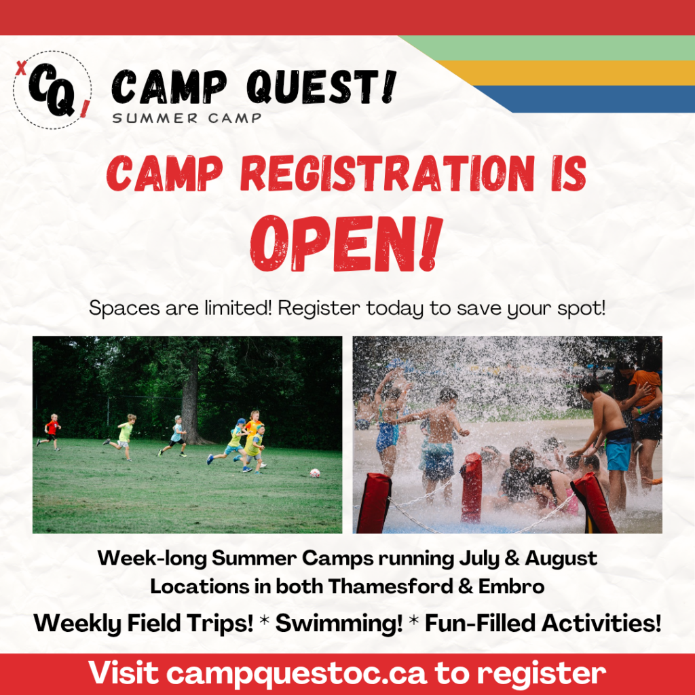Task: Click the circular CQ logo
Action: click(52, 90)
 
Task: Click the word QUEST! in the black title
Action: click(321, 86)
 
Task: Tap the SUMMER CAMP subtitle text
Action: click(187, 118)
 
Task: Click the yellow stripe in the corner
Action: click(567, 73)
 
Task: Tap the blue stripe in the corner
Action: click(585, 99)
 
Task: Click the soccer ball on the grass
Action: click(315, 473)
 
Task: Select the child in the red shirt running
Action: click(51, 432)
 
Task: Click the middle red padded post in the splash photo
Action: click(471, 487)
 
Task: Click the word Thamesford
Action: click(390, 586)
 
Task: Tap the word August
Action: click(561, 559)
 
